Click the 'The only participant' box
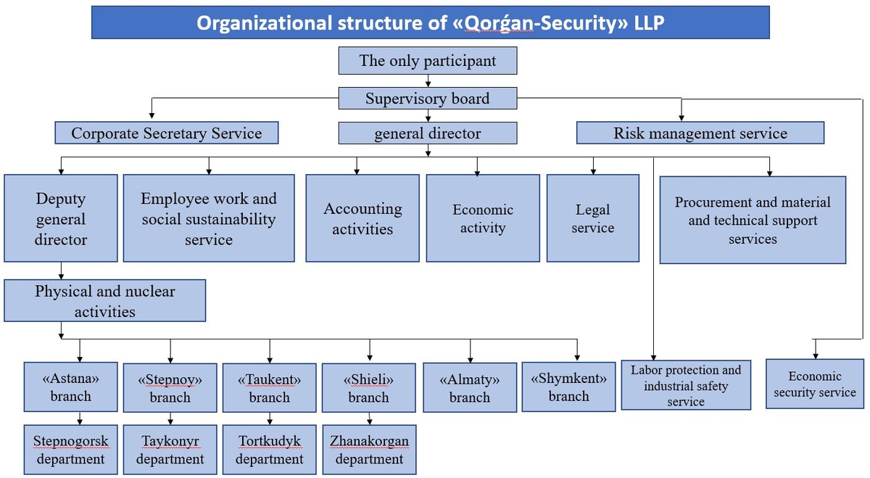coord(428,61)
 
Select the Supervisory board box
coord(428,99)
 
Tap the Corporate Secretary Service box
coord(167,133)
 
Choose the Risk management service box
coord(700,133)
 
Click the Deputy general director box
coord(61,218)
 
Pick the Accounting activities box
coord(362,218)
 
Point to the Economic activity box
coord(483,218)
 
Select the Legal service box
coord(593,218)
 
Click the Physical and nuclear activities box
coord(105,300)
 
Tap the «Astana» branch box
coord(71,387)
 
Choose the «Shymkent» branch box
coord(568,387)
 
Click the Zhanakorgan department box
coord(369,450)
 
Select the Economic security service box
coord(815,384)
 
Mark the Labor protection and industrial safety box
coord(686,385)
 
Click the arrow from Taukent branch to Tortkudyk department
coord(270,419)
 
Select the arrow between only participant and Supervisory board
coord(428,81)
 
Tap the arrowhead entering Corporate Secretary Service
coord(152,115)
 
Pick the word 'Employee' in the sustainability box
coord(175,199)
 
